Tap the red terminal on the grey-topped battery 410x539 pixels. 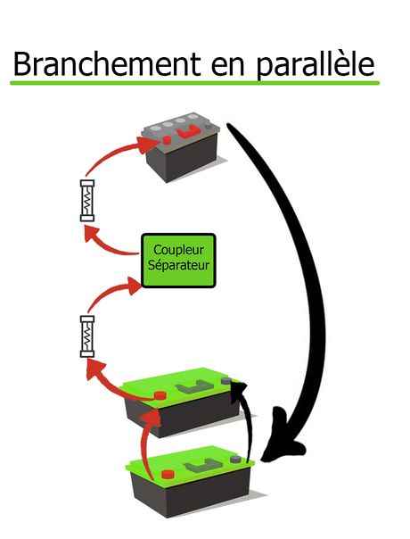coord(167,140)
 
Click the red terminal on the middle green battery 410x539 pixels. coord(160,394)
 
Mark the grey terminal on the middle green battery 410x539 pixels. coord(234,384)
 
